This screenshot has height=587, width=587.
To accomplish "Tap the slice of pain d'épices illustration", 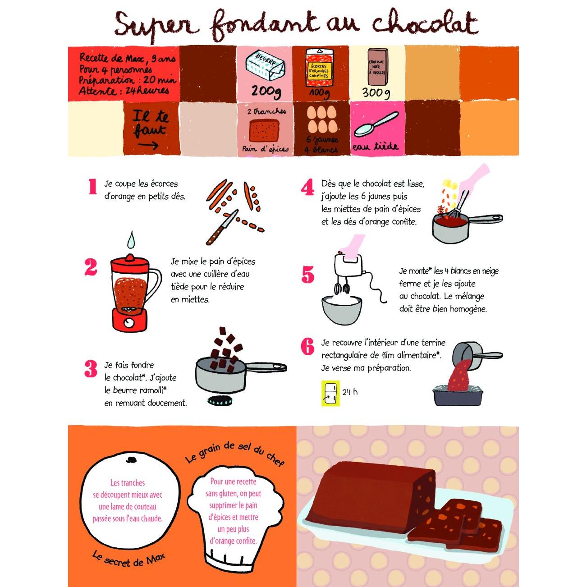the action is [x=264, y=130].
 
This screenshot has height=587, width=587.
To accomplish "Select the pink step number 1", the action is [x=92, y=186].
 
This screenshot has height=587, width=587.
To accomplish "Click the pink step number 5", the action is [x=307, y=274].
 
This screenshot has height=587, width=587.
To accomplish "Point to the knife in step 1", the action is [x=222, y=227].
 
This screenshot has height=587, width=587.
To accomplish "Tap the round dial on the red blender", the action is [x=128, y=322].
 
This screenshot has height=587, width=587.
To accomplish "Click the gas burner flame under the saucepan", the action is [x=219, y=400].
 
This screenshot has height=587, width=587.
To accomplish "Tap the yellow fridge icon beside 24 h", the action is [x=330, y=393].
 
